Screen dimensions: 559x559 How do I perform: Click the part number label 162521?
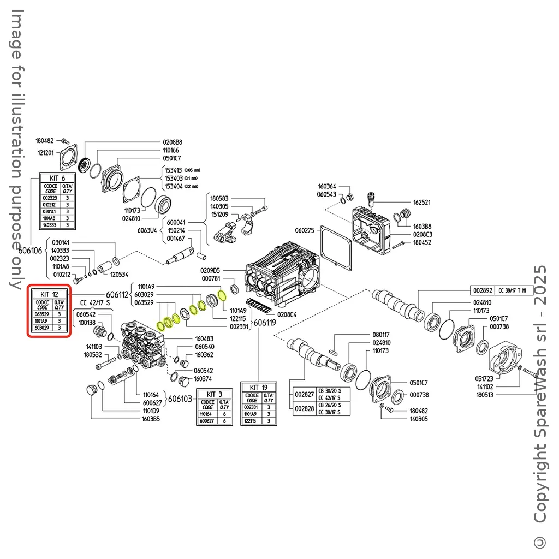click(x=421, y=202)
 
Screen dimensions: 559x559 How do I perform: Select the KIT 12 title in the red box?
click(x=50, y=294)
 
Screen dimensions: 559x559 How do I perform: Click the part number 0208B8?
click(x=173, y=142)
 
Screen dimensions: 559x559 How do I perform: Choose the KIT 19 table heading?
click(x=259, y=387)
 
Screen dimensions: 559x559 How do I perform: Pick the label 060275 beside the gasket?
click(x=305, y=230)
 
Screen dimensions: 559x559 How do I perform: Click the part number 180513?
click(x=485, y=395)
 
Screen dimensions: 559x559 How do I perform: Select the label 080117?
click(x=381, y=334)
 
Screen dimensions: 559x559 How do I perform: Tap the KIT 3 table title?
click(x=214, y=394)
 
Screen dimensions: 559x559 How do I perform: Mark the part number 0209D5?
click(x=210, y=270)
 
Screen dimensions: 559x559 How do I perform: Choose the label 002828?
click(x=304, y=409)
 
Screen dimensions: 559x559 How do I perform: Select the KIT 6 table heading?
click(x=57, y=178)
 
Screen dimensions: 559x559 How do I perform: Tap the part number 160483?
click(x=204, y=338)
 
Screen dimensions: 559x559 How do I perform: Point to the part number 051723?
click(x=484, y=378)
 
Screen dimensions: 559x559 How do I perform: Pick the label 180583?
click(x=220, y=198)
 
